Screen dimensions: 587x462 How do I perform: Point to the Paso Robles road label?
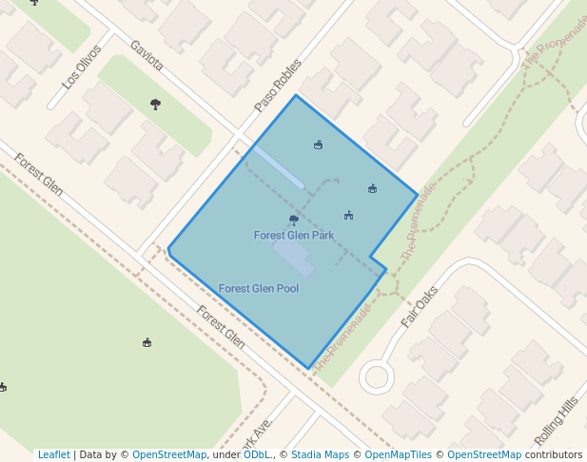point(278,85)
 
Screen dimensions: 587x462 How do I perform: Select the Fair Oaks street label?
point(420,306)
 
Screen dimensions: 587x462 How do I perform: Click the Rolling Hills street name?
point(557,421)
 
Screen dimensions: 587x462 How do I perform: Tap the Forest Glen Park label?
point(294,235)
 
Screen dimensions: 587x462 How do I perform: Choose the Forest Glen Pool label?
point(259,288)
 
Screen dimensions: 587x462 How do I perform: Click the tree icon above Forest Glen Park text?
point(294,220)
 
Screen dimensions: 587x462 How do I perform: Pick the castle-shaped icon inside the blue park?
point(349,215)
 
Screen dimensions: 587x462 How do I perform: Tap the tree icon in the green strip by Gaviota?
point(155,104)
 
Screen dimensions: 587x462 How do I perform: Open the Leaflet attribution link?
point(54,455)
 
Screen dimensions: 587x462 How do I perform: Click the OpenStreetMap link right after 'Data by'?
point(169,455)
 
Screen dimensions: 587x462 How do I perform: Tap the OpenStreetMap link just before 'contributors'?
point(490,455)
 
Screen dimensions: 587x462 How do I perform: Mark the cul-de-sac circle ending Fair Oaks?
point(377,377)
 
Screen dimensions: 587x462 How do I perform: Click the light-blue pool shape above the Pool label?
point(293,256)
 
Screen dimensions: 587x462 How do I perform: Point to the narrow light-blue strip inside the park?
point(279,167)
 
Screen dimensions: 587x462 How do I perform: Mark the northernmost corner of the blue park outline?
point(296,95)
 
